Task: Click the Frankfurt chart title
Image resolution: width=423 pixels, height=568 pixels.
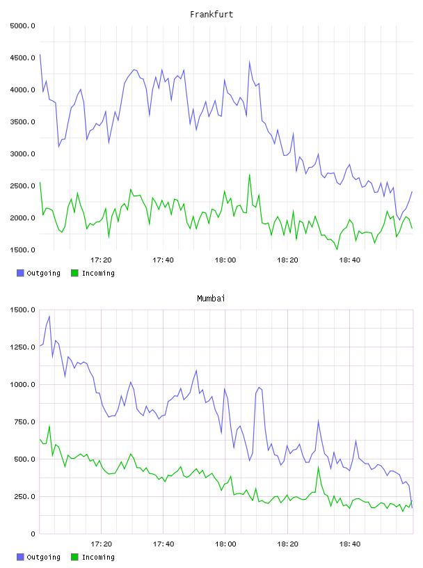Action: (x=211, y=15)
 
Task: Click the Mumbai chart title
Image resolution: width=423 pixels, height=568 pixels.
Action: (x=211, y=299)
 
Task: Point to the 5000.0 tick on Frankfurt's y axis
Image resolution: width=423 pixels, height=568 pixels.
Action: (x=23, y=26)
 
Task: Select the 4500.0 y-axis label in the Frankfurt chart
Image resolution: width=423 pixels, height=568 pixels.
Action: (x=23, y=58)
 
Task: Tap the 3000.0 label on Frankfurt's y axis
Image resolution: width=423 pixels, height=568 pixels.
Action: (x=23, y=154)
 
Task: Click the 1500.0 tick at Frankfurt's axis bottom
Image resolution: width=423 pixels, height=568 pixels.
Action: (x=23, y=250)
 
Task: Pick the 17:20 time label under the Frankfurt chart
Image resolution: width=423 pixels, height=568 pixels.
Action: (x=101, y=260)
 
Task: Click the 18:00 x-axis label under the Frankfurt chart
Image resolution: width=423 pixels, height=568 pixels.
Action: (x=225, y=260)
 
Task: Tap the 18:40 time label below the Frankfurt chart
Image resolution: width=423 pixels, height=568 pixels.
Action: (x=350, y=260)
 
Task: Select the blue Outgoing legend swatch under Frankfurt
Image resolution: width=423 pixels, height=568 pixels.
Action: (x=20, y=273)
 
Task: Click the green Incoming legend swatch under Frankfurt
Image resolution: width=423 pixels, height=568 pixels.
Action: (x=74, y=273)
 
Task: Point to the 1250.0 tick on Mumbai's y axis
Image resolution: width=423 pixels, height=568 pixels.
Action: (x=23, y=347)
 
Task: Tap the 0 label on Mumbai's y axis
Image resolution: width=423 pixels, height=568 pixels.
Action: (x=33, y=534)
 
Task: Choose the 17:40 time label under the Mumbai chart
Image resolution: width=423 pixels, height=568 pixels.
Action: (x=163, y=544)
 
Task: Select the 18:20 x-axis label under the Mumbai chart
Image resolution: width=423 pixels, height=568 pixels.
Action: (x=287, y=544)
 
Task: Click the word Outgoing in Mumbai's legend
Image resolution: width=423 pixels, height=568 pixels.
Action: (x=43, y=557)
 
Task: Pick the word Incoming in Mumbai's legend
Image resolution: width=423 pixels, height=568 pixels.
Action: (x=98, y=557)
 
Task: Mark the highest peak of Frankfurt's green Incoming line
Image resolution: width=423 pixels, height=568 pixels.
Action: (x=250, y=175)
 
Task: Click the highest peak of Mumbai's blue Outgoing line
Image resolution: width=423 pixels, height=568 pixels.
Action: (x=49, y=316)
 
